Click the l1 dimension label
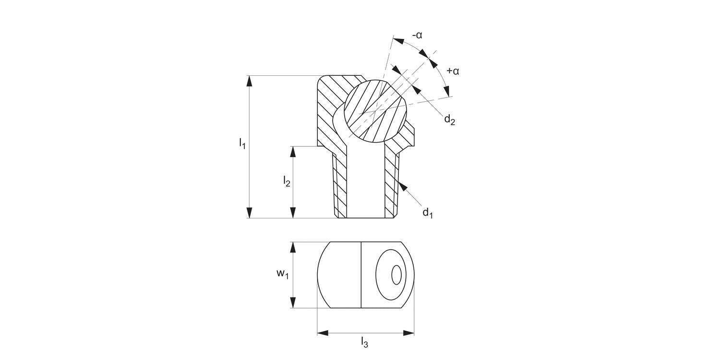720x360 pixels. click(x=242, y=143)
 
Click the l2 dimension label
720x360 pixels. click(x=287, y=181)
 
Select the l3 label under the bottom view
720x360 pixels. click(x=365, y=342)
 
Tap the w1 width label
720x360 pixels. click(x=282, y=274)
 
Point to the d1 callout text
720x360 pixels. click(x=427, y=212)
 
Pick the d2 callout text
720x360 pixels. click(x=449, y=119)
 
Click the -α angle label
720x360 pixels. click(x=417, y=35)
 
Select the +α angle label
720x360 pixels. click(x=453, y=71)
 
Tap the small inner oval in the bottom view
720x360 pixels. click(x=396, y=275)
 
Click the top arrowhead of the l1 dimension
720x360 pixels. click(x=249, y=82)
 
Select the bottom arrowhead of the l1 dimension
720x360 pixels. click(x=249, y=213)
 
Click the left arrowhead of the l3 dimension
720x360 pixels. click(x=323, y=333)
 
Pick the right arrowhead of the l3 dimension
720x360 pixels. click(x=408, y=333)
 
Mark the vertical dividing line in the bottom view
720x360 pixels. click(x=360, y=275)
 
